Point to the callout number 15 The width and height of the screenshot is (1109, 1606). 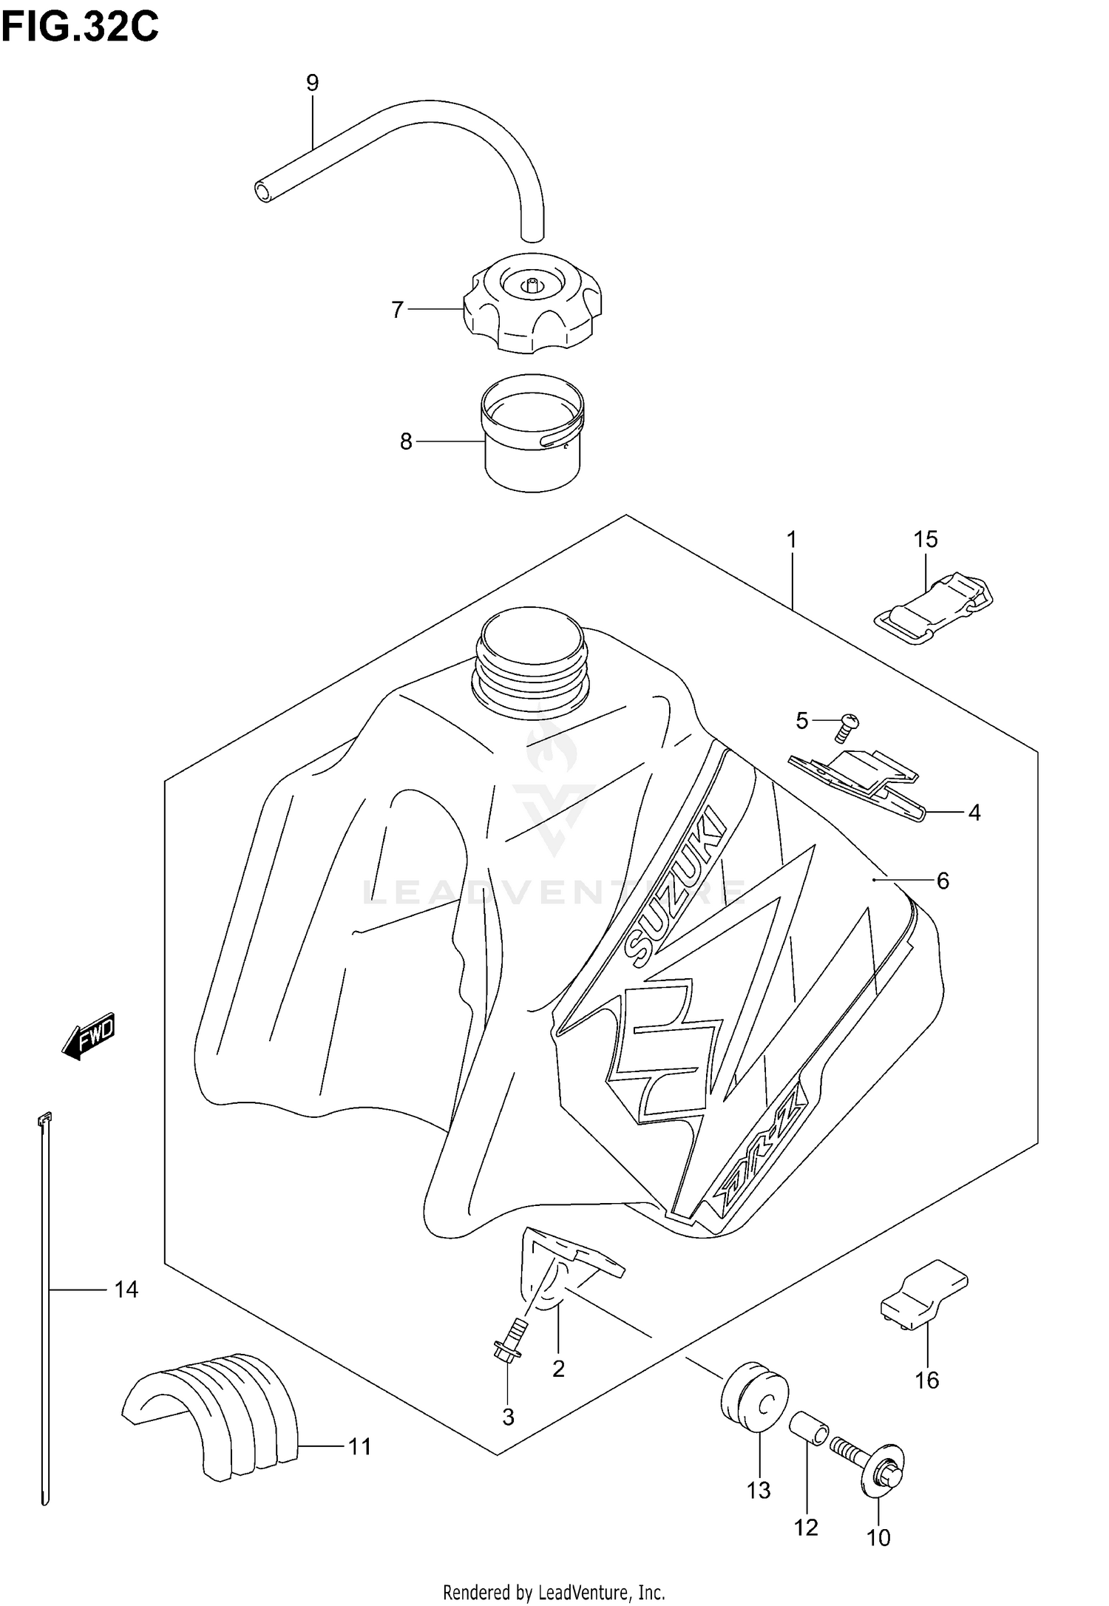[925, 539]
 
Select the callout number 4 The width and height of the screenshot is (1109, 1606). [974, 813]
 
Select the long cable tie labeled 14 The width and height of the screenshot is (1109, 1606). [44, 1316]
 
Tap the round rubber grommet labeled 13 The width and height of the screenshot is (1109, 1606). [754, 1396]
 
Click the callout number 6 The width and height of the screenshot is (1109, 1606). [943, 881]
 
